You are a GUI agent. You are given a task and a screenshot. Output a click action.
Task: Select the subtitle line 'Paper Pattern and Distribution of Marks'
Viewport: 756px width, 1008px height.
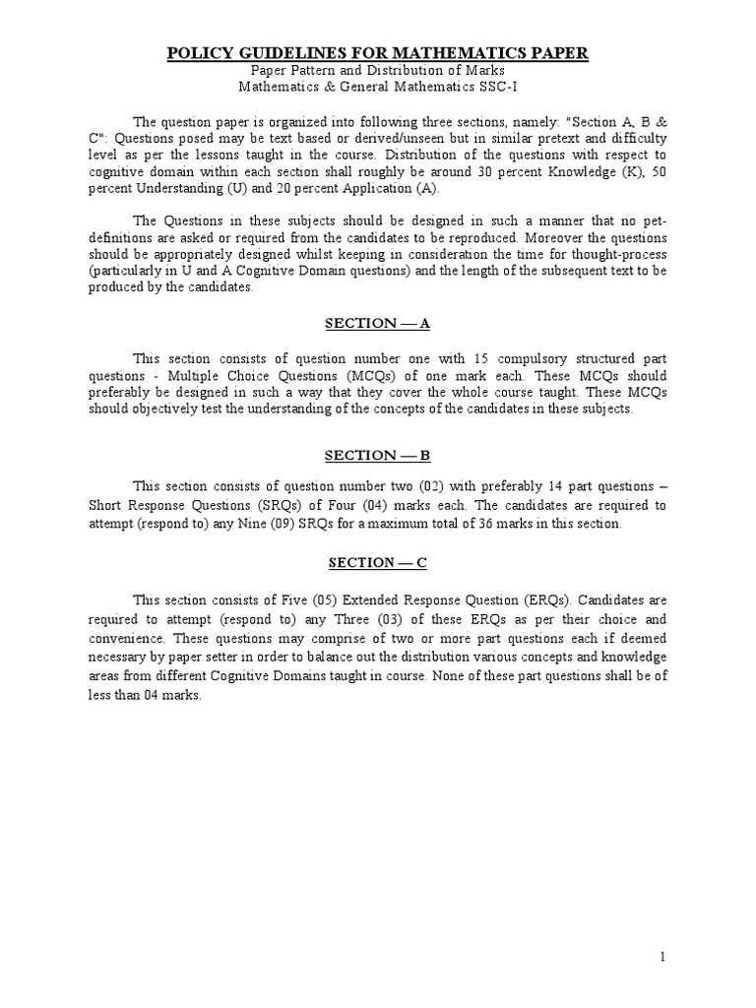[x=377, y=71]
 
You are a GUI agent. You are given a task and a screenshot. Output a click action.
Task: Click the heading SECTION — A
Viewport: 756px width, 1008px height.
[x=378, y=326]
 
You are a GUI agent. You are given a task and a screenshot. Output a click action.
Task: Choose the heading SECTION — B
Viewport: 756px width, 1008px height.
[x=378, y=455]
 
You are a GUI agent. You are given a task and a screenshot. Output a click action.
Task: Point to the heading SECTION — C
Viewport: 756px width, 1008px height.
[x=378, y=562]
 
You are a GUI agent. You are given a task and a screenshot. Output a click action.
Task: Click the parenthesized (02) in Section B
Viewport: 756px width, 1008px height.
[x=403, y=488]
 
